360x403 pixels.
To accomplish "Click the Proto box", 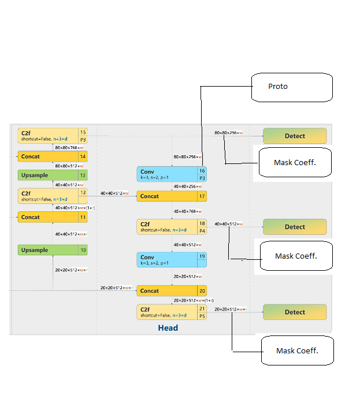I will pos(292,87).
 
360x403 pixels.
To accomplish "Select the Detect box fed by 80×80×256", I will pos(295,136).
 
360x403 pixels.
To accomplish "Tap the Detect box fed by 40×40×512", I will pos(295,227).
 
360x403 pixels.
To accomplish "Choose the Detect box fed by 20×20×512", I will pos(295,312).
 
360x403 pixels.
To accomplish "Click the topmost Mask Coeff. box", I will pos(295,163).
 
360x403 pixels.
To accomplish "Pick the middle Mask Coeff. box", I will pos(296,256).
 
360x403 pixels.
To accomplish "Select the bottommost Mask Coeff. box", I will pos(297,350).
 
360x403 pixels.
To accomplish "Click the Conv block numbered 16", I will pos(172,174).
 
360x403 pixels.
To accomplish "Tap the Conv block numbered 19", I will pos(172,260).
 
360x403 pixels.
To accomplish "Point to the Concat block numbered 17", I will pos(172,196).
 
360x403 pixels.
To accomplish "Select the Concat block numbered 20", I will pos(172,291).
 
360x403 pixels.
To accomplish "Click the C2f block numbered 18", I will pos(172,226).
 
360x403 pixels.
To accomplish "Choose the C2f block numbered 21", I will pos(172,312).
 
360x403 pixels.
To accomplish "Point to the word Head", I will pos(168,328).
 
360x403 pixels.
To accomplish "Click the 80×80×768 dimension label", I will pos(69,147).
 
